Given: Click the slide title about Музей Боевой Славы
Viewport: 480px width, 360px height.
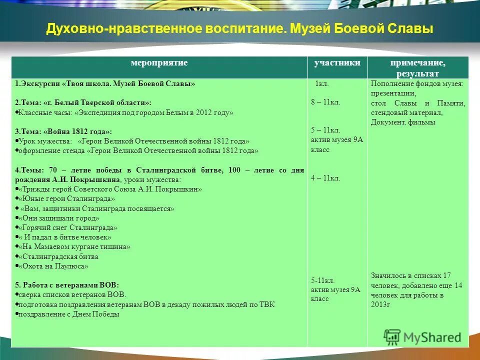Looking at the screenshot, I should click(239, 28).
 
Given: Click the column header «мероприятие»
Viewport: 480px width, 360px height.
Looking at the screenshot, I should click(159, 63).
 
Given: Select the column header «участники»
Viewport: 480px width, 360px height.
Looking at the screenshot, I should click(337, 63).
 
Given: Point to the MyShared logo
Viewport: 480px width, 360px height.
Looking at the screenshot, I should click(423, 336).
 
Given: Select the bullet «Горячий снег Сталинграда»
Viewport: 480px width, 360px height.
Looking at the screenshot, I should click(67, 227).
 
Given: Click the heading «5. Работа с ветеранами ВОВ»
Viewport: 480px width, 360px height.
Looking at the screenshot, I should click(67, 284).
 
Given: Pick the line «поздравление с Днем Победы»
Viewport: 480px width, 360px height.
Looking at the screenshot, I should click(69, 314).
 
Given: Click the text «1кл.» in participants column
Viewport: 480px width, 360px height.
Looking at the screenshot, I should click(321, 84).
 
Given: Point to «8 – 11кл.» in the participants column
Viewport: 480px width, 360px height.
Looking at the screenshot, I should click(325, 102).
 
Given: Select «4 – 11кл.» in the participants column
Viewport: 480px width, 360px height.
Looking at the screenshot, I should click(325, 177).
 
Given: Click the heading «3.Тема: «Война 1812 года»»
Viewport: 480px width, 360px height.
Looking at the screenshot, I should click(63, 131).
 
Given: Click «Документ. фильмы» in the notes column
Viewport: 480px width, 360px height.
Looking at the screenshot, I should click(403, 122).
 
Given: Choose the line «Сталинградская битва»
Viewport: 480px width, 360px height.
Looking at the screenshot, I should click(58, 257).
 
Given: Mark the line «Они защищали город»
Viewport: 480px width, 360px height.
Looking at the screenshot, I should click(59, 218).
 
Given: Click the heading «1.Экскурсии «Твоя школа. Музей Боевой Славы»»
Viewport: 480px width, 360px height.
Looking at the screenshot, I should click(105, 84).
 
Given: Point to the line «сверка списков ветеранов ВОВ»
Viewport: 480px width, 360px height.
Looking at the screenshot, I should click(72, 294).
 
